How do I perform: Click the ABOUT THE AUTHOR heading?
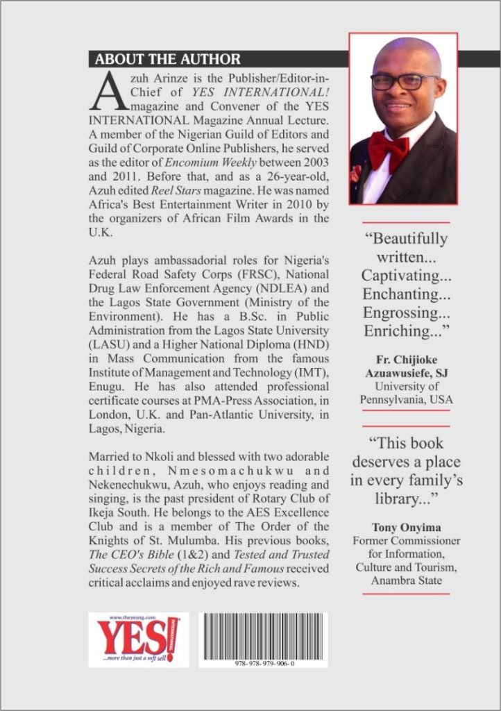(x=168, y=58)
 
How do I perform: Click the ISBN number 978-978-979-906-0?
(x=264, y=663)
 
